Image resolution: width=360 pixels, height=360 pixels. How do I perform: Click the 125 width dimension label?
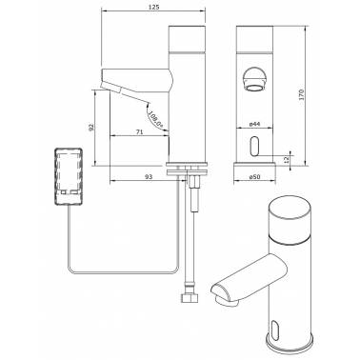(153, 7)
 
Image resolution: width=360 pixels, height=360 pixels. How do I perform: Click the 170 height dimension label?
(301, 95)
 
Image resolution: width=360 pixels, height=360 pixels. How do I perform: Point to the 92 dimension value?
(91, 128)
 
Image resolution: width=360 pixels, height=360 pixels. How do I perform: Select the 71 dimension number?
(139, 131)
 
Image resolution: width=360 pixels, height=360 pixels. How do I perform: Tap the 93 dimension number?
(149, 176)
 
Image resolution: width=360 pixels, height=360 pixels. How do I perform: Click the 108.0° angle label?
(156, 119)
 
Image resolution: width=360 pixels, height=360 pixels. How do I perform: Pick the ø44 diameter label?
(254, 124)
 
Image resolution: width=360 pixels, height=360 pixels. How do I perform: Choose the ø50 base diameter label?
(254, 177)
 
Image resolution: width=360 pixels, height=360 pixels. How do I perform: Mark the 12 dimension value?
(286, 160)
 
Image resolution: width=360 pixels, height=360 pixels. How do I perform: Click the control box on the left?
(69, 176)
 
